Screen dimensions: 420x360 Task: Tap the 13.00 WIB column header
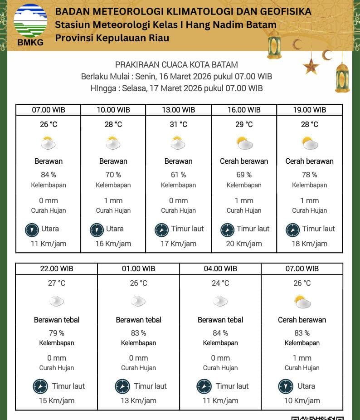[179, 110]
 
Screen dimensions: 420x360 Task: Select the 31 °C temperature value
[179, 124]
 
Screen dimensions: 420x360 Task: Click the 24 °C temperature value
[220, 283]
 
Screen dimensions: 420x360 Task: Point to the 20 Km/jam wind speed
[244, 244]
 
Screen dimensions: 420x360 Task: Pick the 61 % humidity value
[179, 175]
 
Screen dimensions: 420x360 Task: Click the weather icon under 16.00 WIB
[244, 143]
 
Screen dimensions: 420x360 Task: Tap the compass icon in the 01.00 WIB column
[122, 386]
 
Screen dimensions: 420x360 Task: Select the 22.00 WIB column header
[56, 269]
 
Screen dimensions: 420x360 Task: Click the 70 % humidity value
[113, 175]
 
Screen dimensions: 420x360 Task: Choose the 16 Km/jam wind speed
[113, 244]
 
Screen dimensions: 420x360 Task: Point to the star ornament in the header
[311, 66]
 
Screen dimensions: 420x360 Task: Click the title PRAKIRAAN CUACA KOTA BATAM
[176, 65]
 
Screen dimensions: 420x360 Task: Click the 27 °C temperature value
[57, 283]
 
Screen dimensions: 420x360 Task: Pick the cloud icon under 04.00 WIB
[220, 300]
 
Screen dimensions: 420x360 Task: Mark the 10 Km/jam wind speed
[302, 400]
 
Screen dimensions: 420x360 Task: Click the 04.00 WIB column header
[220, 269]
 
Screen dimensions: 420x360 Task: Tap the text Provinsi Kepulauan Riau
[112, 38]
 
